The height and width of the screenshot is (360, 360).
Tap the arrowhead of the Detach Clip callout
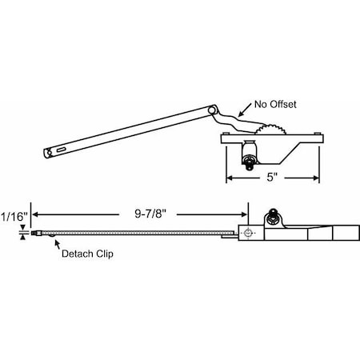click(54, 239)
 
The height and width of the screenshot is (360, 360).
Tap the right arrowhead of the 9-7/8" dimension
click(245, 214)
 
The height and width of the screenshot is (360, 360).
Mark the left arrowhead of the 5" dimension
click(228, 178)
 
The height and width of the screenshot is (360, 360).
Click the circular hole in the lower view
click(249, 233)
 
